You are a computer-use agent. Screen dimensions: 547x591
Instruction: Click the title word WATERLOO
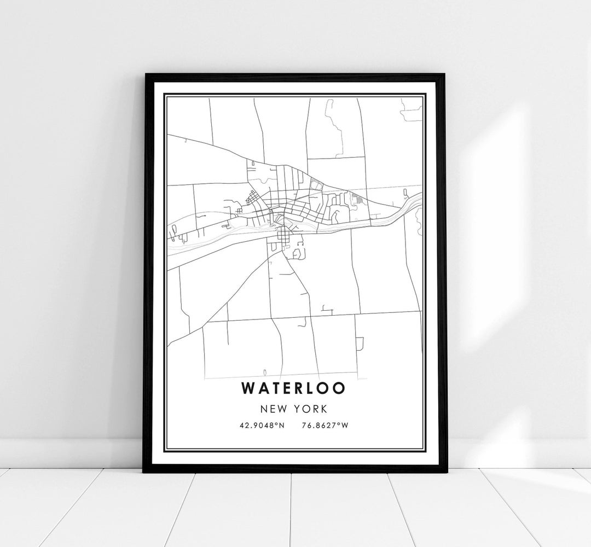pos(293,387)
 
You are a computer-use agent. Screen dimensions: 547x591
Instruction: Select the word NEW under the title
pos(273,408)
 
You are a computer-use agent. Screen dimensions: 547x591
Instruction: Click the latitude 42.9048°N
pos(262,424)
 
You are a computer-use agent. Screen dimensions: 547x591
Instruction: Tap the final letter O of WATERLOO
pos(340,387)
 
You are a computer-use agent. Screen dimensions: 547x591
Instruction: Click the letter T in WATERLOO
pos(273,387)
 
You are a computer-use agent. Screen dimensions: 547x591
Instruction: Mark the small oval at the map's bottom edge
pos(265,370)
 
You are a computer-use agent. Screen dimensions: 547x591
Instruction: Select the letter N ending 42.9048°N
pos(282,424)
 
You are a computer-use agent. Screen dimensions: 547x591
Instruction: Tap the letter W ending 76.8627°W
pos(344,424)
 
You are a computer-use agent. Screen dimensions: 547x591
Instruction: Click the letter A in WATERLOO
pos(260,387)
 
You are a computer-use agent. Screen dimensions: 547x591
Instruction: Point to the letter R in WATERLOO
pos(299,387)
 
